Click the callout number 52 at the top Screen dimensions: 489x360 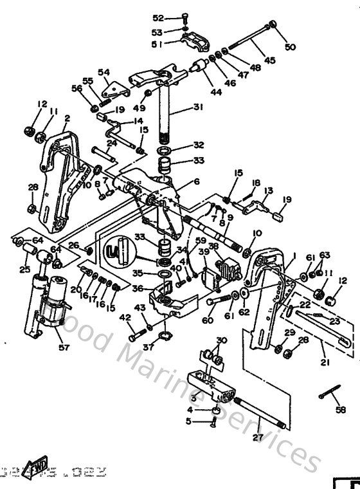point(158,17)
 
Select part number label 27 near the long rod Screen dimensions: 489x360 point(258,436)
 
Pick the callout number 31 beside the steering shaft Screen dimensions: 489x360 point(197,108)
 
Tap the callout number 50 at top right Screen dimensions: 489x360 point(291,48)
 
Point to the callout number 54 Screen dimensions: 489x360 point(104,72)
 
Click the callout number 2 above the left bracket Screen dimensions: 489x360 point(67,118)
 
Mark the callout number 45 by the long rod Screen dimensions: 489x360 point(270,60)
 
